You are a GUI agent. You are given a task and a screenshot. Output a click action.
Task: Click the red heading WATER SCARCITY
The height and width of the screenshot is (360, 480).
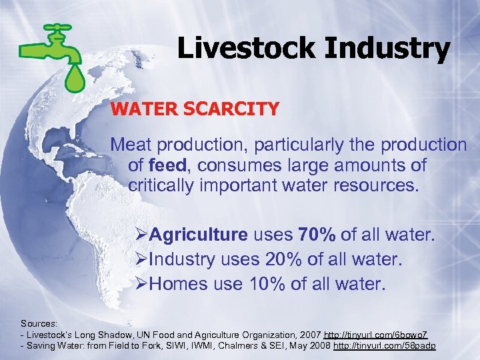[195, 109]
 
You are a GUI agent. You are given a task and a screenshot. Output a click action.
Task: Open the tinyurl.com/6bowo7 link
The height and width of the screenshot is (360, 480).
[380, 334]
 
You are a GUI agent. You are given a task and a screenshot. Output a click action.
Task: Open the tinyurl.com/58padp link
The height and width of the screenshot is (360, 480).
[385, 346]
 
